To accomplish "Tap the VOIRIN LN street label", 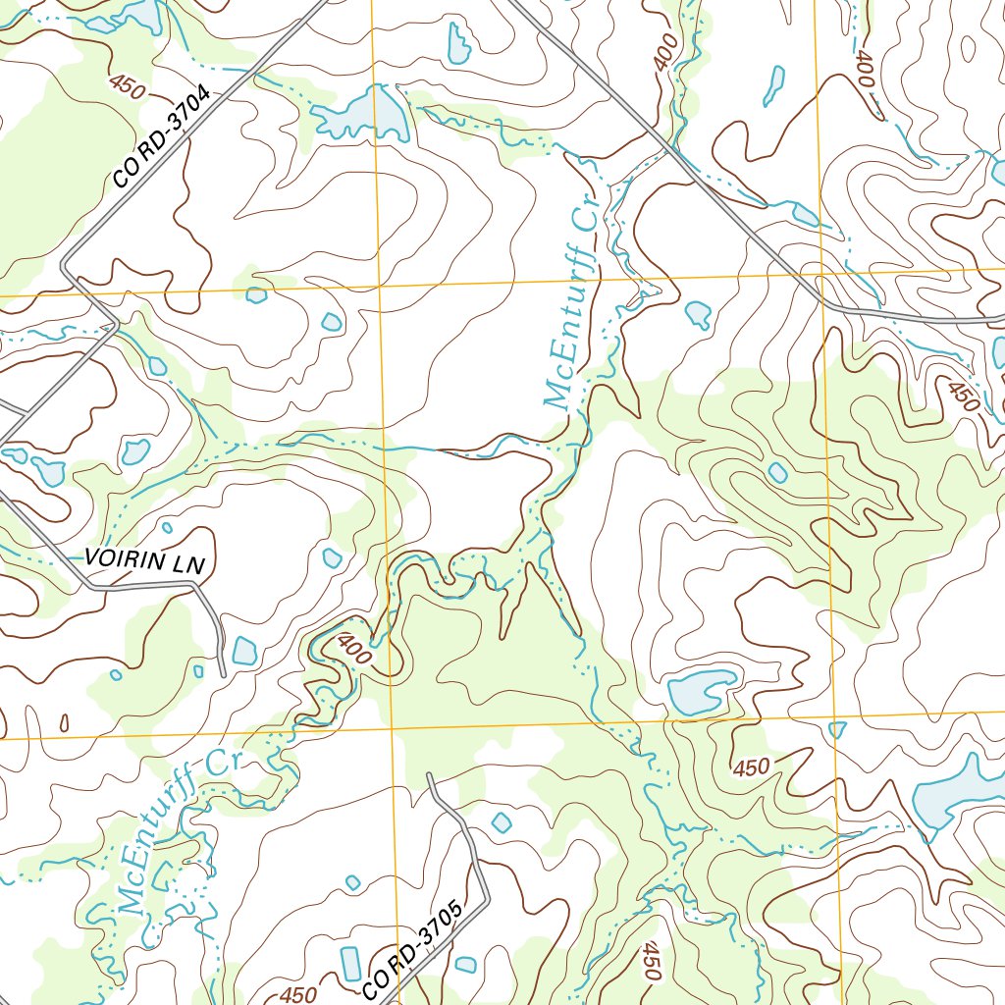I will point(143,560).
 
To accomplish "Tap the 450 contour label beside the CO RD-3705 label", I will point(297,994).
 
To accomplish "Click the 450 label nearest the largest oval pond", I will point(751,767).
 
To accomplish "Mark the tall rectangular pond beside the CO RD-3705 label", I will point(351,964).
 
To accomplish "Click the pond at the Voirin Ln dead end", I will point(244,651).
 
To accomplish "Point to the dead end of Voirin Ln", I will point(223,674).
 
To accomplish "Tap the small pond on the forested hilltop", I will point(777,473).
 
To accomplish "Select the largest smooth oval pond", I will point(701,692).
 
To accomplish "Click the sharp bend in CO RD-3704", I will point(65,266).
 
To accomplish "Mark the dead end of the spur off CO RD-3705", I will point(430,775).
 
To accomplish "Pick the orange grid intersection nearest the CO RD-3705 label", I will point(392,730).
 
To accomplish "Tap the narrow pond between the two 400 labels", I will point(774,84).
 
